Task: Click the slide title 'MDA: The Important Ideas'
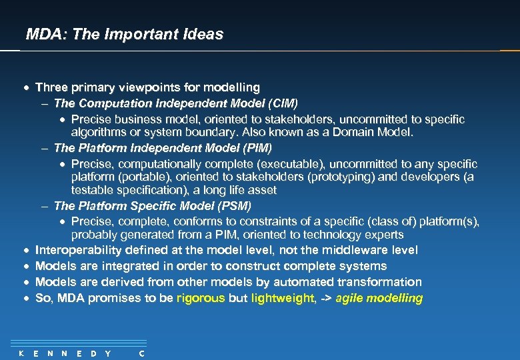click(124, 34)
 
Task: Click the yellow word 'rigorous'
click(201, 298)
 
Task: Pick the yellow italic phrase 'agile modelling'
click(379, 298)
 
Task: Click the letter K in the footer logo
click(21, 353)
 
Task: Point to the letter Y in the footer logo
click(108, 353)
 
